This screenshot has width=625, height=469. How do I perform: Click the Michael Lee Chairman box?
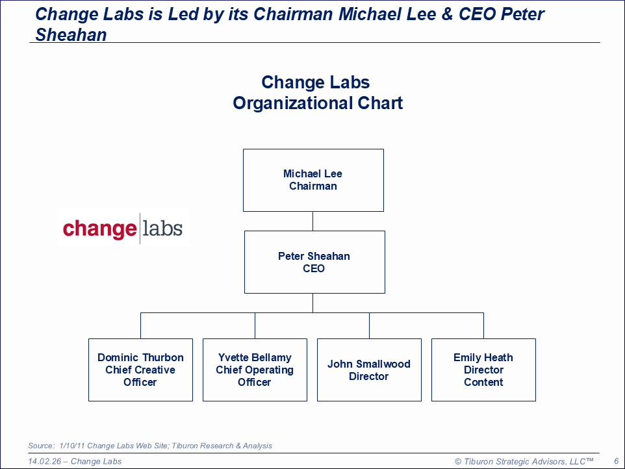point(313,180)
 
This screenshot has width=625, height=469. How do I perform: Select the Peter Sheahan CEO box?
point(314,262)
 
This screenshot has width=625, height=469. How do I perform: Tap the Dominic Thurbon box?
point(140,370)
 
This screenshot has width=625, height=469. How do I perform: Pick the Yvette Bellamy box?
point(255,370)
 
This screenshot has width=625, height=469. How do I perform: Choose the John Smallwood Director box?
point(369,370)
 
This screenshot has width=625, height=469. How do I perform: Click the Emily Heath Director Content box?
point(483,370)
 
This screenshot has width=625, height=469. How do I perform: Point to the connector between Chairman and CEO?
point(313,221)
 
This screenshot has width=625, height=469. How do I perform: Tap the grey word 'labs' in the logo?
point(162,228)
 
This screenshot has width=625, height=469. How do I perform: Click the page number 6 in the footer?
point(617,461)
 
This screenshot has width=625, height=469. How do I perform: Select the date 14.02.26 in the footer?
point(45,461)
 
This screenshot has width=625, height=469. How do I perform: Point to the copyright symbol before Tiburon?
point(458,461)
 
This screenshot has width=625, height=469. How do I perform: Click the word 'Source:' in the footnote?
point(41,446)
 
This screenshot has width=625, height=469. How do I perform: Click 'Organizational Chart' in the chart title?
point(318,103)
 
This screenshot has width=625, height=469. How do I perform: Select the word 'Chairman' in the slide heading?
point(293,14)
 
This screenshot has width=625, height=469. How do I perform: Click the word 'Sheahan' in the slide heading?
point(71,35)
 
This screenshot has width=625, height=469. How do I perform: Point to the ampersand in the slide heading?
point(447,14)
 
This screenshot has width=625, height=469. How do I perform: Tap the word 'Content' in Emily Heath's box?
point(483,382)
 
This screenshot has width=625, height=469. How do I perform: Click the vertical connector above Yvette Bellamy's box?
point(255,326)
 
